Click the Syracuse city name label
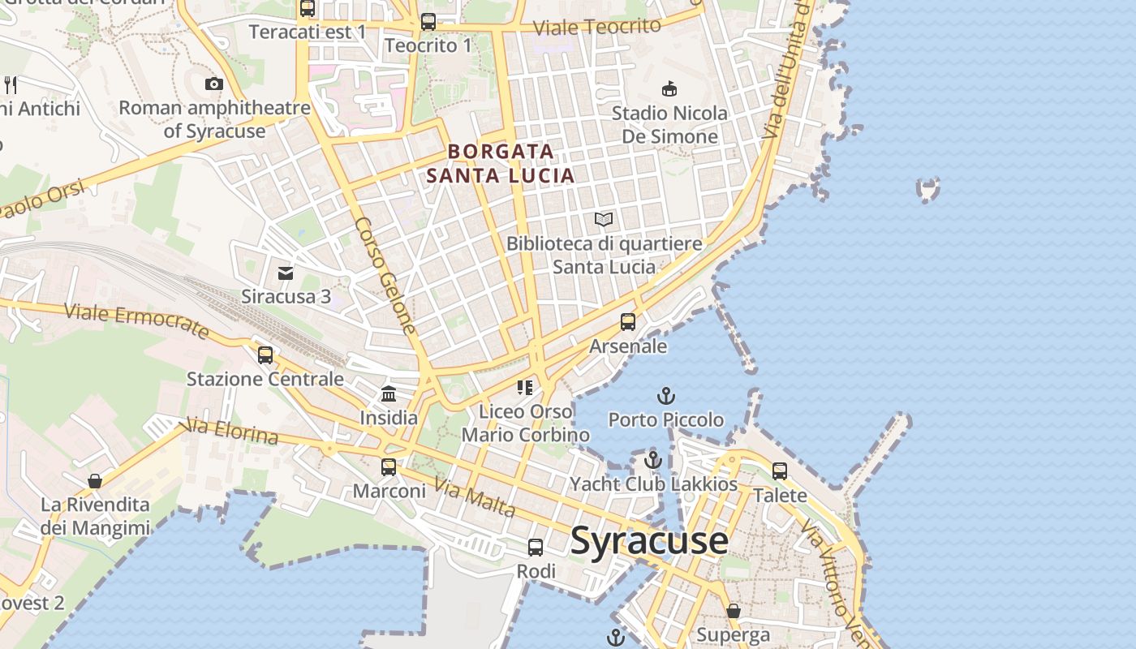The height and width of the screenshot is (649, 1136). (x=648, y=540)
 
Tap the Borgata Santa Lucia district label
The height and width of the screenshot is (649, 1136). (x=501, y=163)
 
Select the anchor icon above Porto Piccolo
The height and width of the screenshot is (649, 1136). (x=665, y=396)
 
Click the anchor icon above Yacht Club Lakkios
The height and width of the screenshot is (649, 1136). (x=653, y=460)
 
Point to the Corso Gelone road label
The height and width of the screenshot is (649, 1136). (x=385, y=275)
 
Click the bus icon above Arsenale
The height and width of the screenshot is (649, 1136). (x=627, y=322)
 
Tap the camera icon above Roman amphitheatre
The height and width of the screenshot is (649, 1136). (x=214, y=84)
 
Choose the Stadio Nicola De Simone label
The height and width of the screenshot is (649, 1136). (x=669, y=125)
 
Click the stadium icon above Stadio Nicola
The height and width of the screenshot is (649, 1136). (x=669, y=88)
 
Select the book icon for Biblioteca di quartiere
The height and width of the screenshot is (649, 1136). (x=604, y=219)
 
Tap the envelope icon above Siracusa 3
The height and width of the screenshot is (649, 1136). (x=286, y=273)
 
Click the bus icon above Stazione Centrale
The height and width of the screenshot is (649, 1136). (x=265, y=355)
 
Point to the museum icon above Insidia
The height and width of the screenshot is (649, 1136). (x=389, y=394)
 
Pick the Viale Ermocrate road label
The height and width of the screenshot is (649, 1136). (x=136, y=320)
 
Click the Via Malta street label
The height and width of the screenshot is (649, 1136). (x=475, y=496)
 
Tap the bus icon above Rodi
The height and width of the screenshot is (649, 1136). (x=536, y=548)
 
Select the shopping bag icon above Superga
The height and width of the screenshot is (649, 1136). (x=734, y=611)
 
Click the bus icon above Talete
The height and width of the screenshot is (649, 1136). (x=780, y=471)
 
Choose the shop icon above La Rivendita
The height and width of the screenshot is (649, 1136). (x=95, y=481)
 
